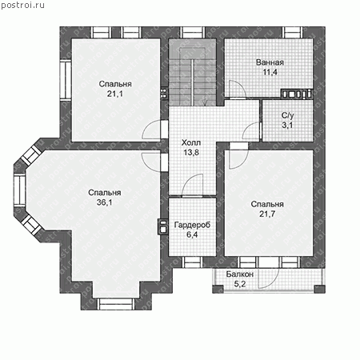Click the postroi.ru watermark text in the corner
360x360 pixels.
22,6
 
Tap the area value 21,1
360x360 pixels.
115,94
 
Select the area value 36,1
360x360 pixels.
105,202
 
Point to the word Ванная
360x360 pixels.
270,62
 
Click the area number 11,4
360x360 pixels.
270,72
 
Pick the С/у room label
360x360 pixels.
287,115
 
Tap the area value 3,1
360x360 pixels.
287,125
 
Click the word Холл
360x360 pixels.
191,142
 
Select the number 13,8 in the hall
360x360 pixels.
191,152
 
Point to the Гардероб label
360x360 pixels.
192,225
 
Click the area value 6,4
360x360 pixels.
192,234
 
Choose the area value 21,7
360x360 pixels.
267,214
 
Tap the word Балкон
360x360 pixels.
240,274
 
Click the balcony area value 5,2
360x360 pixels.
240,284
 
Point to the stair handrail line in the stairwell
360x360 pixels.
192,82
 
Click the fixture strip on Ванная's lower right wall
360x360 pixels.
297,94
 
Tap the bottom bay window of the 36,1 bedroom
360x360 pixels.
116,304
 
